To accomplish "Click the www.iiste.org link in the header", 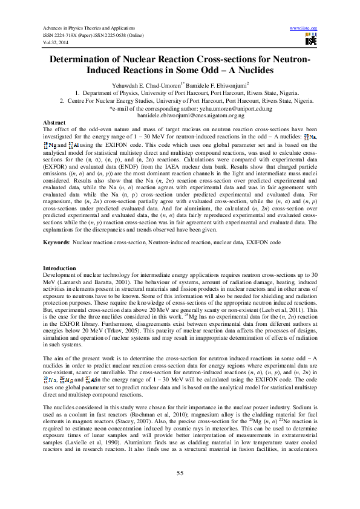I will click(x=304, y=28).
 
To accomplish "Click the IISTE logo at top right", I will click(x=311, y=40).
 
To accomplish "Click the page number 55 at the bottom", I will click(x=180, y=472).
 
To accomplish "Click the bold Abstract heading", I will click(x=56, y=122).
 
